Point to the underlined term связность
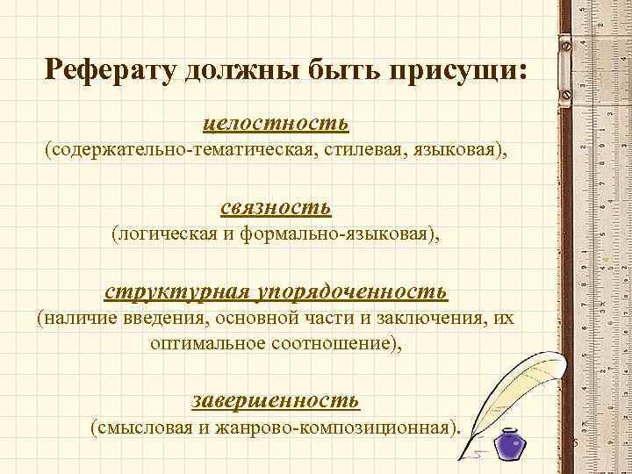pos(276,207)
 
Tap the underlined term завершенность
pos(276,400)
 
